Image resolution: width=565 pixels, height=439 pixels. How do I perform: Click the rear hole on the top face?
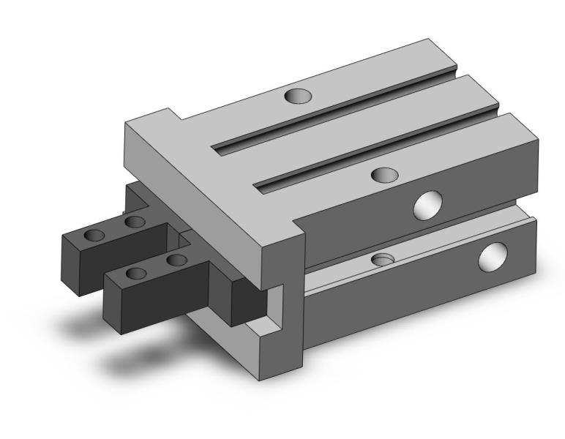[x=298, y=95]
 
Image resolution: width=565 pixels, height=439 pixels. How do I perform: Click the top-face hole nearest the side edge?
[x=384, y=174]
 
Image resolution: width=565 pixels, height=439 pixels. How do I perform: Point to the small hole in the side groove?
[x=383, y=260]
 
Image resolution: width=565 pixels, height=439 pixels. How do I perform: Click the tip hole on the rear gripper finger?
[x=94, y=235]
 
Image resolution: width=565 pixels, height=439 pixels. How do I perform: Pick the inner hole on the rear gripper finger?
[x=133, y=221]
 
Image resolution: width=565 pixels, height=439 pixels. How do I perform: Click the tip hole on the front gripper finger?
[x=136, y=274]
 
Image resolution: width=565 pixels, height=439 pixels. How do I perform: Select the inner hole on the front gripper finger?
[x=175, y=260]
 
